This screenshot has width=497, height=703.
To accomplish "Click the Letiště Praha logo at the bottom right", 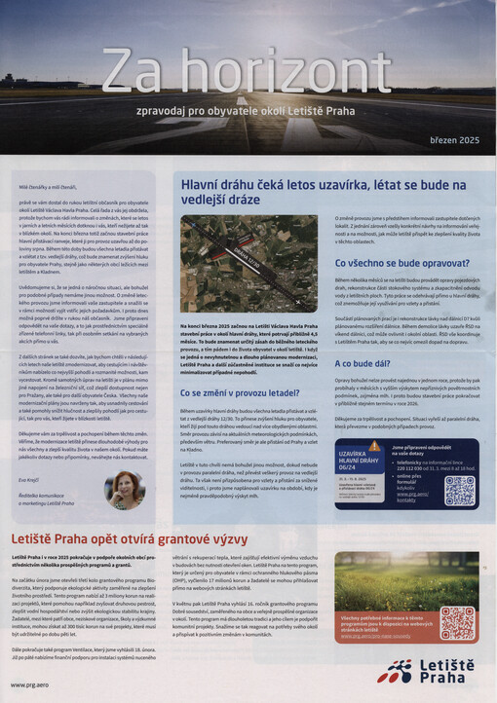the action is [x=429, y=671].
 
